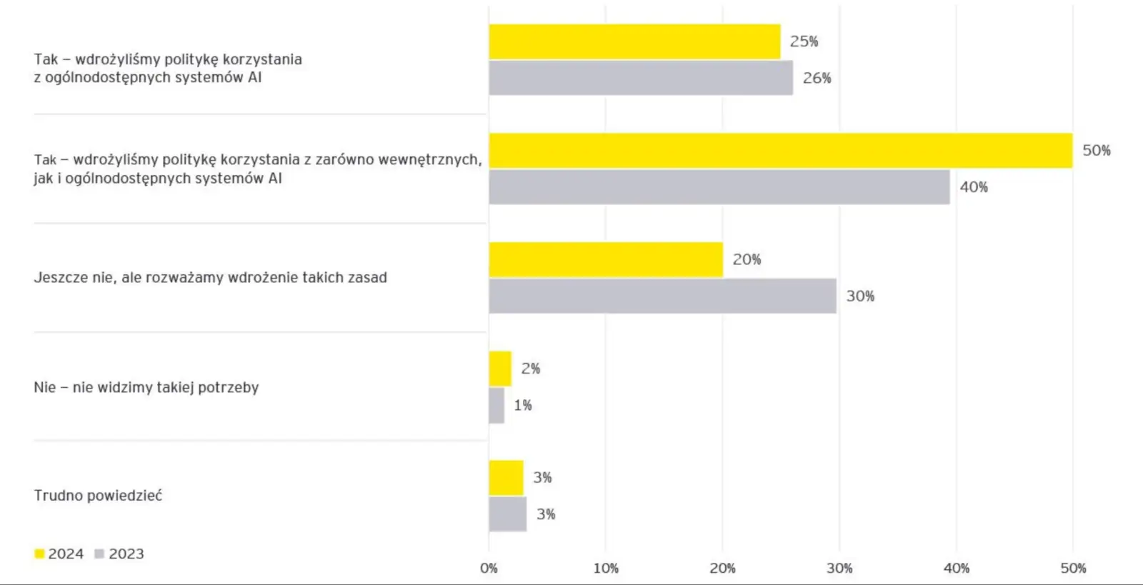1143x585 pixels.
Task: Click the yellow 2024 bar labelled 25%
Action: [x=634, y=41]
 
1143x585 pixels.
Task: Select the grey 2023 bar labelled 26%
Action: [x=641, y=78]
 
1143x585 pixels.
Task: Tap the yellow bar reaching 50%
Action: [x=780, y=151]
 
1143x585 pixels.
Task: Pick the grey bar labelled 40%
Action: [x=719, y=187]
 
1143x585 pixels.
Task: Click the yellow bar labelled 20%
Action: [x=606, y=259]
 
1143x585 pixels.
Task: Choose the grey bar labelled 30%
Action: [x=662, y=296]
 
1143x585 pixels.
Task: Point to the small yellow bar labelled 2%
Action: [x=500, y=369]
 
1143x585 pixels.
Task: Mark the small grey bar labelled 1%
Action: [x=496, y=405]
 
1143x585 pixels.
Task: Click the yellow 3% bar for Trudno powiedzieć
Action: [x=506, y=478]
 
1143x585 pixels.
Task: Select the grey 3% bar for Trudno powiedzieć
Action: [x=507, y=514]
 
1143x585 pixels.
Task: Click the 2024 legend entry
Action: [x=59, y=554]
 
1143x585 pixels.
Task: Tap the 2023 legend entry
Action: [x=119, y=554]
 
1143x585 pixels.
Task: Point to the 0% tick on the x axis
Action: [x=489, y=569]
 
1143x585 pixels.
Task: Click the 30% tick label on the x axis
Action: [x=839, y=569]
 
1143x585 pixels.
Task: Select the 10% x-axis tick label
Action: [x=606, y=569]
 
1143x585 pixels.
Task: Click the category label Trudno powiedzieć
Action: [x=98, y=495]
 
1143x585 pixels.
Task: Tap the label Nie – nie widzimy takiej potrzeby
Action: [x=146, y=387]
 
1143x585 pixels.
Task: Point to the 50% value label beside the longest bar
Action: [x=1096, y=151]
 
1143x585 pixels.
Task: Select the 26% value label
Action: [x=817, y=78]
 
